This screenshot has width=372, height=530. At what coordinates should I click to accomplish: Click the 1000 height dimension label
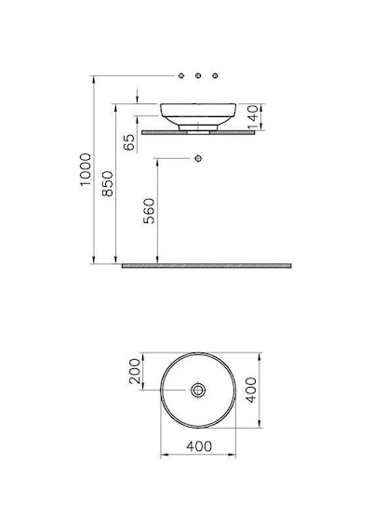[x=86, y=169]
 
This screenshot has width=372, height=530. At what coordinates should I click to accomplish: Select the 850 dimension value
[x=108, y=183]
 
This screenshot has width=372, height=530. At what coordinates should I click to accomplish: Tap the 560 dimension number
[x=149, y=211]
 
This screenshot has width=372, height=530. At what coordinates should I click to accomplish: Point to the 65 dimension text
[x=129, y=142]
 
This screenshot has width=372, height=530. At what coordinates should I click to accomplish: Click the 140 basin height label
[x=253, y=117]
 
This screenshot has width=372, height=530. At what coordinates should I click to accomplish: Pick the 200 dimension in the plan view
[x=135, y=371]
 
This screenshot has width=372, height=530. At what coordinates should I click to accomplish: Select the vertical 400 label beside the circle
[x=251, y=391]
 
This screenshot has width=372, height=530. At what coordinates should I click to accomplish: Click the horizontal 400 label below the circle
[x=199, y=446]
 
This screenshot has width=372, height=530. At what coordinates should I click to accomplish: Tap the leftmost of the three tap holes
[x=181, y=75]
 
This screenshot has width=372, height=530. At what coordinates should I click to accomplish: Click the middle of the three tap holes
[x=198, y=75]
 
